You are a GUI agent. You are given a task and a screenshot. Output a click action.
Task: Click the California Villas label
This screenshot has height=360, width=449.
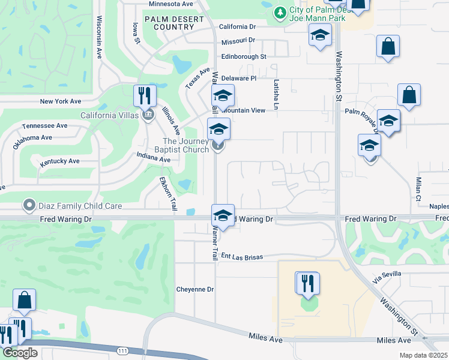[112, 115]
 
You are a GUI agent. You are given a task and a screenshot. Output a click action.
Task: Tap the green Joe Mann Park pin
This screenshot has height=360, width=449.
[279, 13]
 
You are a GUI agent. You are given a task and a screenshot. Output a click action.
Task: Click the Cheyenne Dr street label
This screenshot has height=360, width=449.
[195, 289]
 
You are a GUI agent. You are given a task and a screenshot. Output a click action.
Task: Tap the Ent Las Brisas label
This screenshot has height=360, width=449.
[242, 256]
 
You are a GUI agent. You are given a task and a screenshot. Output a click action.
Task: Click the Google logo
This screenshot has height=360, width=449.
[20, 353]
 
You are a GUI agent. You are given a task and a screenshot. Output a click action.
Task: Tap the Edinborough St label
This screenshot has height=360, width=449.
[243, 56]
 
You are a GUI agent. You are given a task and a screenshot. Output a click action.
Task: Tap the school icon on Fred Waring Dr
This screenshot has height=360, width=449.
[223, 216]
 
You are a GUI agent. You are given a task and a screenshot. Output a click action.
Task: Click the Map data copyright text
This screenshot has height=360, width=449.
[424, 355]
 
